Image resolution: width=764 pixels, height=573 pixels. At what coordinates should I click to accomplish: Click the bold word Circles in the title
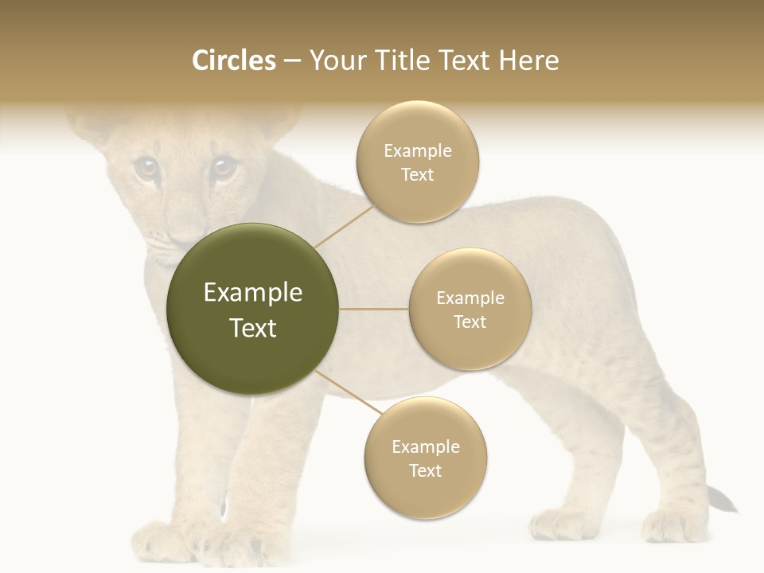coord(234,60)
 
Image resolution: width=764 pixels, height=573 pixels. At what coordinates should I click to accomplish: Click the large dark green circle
coord(253,310)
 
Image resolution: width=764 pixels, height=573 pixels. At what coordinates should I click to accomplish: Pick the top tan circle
coord(417,162)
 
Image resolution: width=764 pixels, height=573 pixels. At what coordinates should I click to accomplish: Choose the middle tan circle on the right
coord(470,309)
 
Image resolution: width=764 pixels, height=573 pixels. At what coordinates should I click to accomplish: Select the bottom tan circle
coord(425,458)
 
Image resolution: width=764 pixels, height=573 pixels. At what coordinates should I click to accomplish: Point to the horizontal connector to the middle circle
coord(373,309)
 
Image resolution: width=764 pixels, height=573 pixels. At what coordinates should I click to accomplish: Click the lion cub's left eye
coord(146,167)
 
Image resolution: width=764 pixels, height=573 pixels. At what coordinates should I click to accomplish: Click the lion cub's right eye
coord(222,166)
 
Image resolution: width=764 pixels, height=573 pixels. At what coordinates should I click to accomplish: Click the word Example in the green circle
coord(253,293)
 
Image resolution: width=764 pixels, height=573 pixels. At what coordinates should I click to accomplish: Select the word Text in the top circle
coord(417,175)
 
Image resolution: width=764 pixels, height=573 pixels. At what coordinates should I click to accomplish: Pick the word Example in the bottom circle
coord(425,446)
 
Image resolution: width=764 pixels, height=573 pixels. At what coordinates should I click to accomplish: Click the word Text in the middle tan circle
coord(470,322)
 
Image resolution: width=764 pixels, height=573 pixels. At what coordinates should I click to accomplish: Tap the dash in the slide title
coord(292,60)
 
